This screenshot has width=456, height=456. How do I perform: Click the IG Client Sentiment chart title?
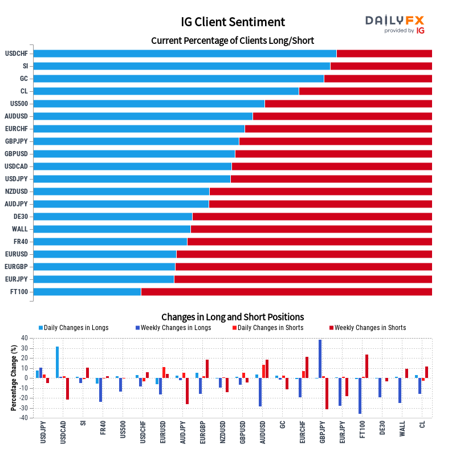tap(233, 22)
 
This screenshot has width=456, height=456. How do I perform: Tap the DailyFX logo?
tap(394, 25)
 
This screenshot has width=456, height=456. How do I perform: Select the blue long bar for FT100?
tap(87, 292)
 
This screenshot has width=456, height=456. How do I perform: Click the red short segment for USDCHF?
tap(384, 54)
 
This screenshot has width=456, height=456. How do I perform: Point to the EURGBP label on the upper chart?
tap(17, 267)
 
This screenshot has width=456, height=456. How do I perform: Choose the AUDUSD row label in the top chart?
tap(17, 116)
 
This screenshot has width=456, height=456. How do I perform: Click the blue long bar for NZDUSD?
tap(121, 192)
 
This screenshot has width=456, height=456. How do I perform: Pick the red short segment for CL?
tap(365, 91)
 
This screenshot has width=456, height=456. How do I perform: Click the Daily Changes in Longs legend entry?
tap(74, 328)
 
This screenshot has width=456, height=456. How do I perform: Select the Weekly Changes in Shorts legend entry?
tap(368, 328)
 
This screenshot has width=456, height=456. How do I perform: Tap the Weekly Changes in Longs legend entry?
tap(173, 328)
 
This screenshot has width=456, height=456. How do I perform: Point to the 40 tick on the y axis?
tap(25, 338)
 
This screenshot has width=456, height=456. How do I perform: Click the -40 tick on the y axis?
tap(23, 418)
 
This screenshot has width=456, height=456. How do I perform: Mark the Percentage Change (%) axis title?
tap(13, 378)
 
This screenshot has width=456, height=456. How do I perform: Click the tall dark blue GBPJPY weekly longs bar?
tap(320, 359)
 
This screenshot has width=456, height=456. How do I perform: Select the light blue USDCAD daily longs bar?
tap(58, 363)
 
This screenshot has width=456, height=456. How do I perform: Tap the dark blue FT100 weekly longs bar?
tap(360, 396)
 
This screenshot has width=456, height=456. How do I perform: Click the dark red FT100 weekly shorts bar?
tap(367, 367)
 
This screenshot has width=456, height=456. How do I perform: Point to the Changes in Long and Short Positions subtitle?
tap(233, 317)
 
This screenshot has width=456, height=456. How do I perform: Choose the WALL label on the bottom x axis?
tap(402, 429)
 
